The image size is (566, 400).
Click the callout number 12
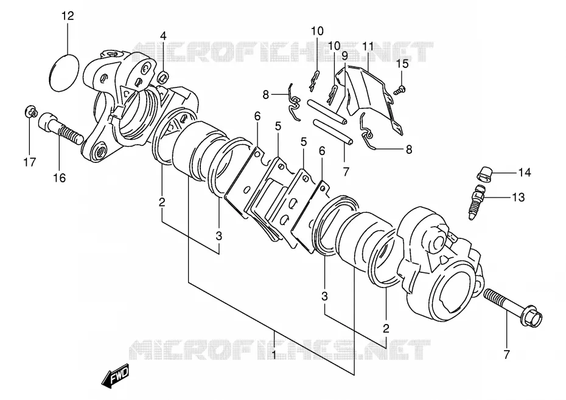[68, 16]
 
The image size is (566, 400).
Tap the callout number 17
[30, 162]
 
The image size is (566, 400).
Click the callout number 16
[60, 178]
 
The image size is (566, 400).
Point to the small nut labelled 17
[31, 111]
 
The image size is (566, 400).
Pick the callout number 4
[163, 36]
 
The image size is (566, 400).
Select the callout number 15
[402, 63]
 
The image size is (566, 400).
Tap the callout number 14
[525, 173]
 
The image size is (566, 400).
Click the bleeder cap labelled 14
[484, 174]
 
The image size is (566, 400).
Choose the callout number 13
[518, 198]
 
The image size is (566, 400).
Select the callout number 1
[274, 355]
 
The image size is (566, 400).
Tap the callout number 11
[368, 47]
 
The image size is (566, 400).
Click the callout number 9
[344, 56]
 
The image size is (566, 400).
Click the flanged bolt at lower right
[512, 308]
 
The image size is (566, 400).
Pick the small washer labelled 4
[164, 77]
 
